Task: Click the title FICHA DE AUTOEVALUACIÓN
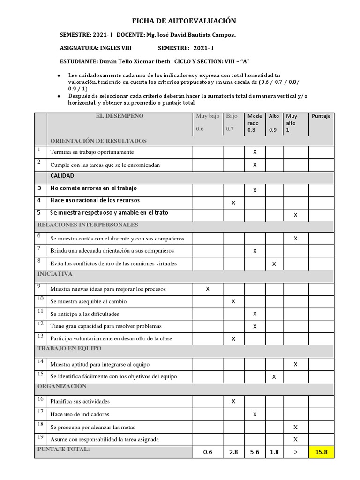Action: coord(184,21)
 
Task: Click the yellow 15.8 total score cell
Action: coord(321,452)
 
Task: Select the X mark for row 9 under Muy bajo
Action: coord(208,289)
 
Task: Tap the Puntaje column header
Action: coord(321,116)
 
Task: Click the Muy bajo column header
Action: coord(207,116)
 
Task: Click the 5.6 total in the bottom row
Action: coord(255,452)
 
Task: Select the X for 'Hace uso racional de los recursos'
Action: coord(233,202)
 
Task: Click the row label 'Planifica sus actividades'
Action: coord(80,402)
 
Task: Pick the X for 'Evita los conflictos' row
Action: coord(274,264)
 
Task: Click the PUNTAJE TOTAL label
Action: coord(63,449)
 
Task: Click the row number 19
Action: coord(40,437)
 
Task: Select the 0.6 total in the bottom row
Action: coord(208,452)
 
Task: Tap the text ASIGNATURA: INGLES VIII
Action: coord(96,48)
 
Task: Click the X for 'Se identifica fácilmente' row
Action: coord(274,376)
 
